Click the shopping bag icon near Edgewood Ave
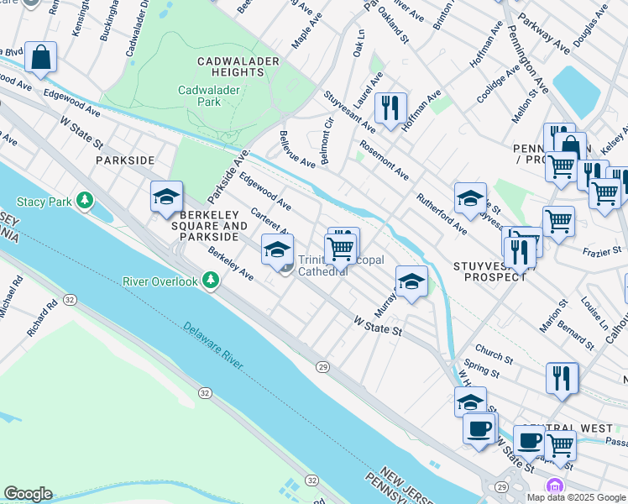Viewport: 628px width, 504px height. click(40, 58)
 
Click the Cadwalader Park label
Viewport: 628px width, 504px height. click(199, 95)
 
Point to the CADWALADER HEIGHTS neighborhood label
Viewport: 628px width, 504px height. click(232, 67)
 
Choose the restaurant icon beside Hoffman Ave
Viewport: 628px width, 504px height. click(390, 108)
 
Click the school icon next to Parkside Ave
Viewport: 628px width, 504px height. click(166, 197)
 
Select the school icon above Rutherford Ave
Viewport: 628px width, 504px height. click(470, 199)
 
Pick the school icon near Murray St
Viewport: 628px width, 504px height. click(411, 282)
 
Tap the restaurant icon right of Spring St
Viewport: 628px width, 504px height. click(562, 378)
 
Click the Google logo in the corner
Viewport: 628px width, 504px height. click(28, 494)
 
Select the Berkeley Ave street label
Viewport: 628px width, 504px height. click(231, 264)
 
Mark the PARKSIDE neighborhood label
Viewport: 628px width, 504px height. click(125, 160)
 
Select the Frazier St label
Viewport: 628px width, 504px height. click(603, 250)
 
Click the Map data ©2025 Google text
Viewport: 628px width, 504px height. click(575, 496)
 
